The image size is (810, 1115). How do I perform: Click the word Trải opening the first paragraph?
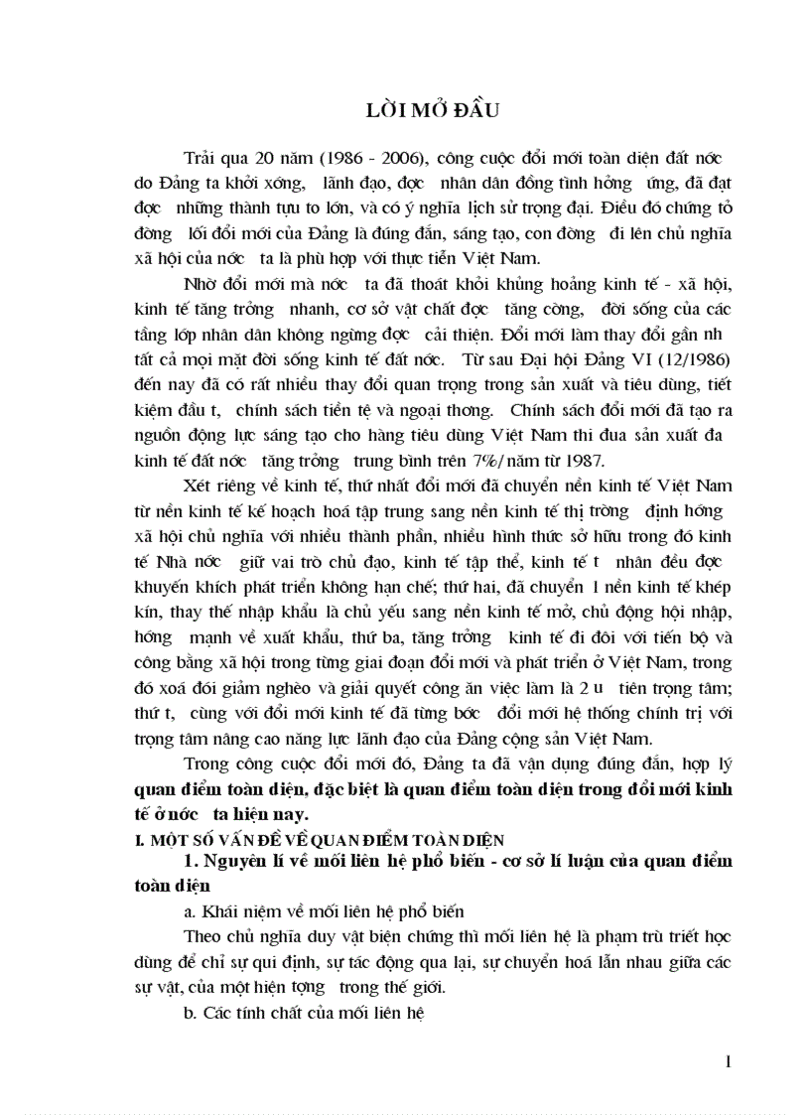click(x=203, y=158)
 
